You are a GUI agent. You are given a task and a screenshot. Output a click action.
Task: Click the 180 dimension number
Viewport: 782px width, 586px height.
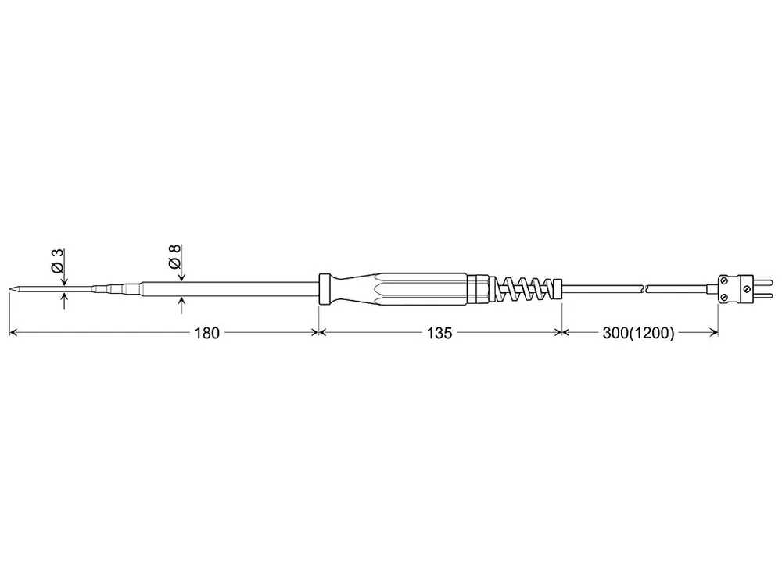207,333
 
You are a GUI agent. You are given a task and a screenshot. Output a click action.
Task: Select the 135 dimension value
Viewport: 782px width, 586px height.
439,333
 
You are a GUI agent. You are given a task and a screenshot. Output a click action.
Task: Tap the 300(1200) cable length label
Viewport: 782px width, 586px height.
638,333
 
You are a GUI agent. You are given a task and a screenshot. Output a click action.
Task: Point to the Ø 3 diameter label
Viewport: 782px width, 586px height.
58,261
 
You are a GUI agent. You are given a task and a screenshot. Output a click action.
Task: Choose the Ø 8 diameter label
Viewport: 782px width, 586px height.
174,257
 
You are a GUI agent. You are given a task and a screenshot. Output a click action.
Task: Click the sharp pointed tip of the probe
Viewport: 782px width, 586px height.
10,288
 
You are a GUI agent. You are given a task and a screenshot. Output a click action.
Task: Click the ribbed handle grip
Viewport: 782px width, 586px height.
424,288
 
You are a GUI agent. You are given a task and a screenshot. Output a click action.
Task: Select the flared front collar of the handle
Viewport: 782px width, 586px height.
325,288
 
